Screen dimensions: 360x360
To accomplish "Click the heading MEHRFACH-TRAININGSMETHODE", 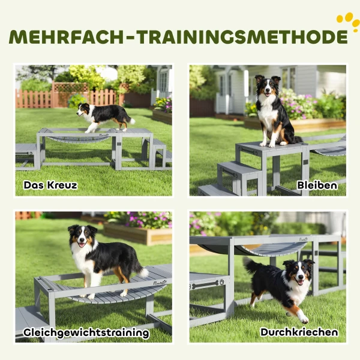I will pyautogui.click(x=178, y=37).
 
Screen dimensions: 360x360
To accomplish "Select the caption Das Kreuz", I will pyautogui.click(x=50, y=185).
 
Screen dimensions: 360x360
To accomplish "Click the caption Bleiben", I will pyautogui.click(x=317, y=185).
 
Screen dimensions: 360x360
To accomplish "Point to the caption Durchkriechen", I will pyautogui.click(x=298, y=332).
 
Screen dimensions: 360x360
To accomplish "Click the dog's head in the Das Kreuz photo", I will pyautogui.click(x=83, y=110).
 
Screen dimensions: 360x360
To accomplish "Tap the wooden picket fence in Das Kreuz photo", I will pyautogui.click(x=36, y=99).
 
